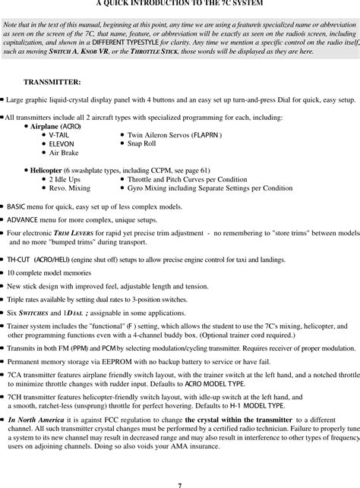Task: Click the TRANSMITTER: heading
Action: point(52,81)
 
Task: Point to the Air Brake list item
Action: point(65,153)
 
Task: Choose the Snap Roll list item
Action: point(141,143)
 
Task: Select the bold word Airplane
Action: point(45,126)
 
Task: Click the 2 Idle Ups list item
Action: point(66,179)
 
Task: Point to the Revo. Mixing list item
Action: point(70,187)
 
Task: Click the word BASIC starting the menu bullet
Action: point(16,206)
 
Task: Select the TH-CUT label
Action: point(20,260)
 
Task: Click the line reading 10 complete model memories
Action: point(51,272)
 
